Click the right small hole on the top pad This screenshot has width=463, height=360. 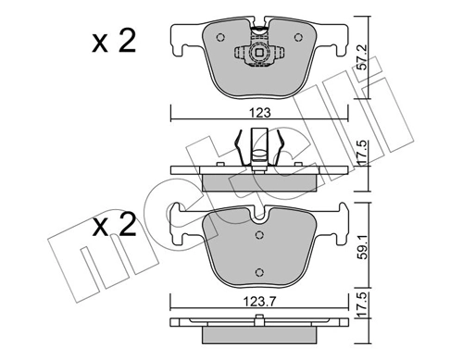coord(298,38)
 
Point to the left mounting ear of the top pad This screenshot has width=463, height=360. coord(180,39)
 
